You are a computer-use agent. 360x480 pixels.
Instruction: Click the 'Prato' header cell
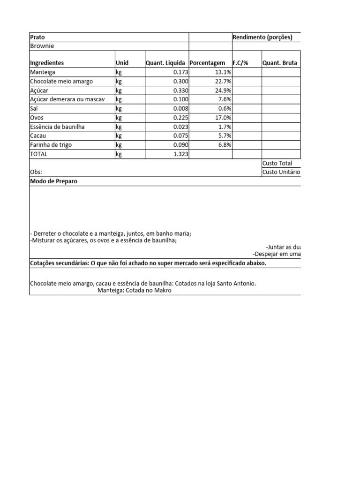(37, 37)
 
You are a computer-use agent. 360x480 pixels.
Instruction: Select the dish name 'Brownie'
(42, 46)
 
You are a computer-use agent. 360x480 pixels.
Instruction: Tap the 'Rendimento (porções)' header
(262, 37)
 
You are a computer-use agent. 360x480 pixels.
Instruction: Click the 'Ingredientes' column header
(47, 63)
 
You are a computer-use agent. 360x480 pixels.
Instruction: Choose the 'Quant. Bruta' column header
(279, 63)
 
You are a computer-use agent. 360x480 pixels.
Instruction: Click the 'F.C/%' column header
(240, 63)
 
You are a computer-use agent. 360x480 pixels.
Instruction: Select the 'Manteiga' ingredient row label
(43, 72)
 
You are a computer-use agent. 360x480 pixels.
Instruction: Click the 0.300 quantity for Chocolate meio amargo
(180, 82)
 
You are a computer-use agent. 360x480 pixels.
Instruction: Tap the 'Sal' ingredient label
(34, 108)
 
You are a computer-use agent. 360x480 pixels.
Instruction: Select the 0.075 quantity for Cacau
(180, 136)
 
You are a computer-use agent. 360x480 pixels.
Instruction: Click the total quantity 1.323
(180, 154)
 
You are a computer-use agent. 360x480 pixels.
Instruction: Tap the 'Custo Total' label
(277, 163)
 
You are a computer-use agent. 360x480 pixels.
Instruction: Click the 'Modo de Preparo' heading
(53, 181)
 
